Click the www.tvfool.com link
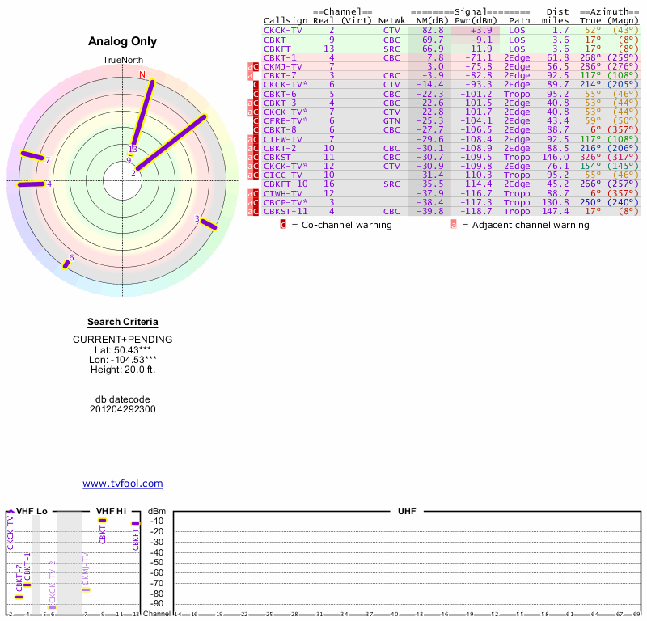[x=123, y=484]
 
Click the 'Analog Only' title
[x=123, y=42]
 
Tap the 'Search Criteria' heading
[x=123, y=323]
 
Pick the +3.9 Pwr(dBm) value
[x=480, y=30]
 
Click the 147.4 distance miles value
[x=557, y=212]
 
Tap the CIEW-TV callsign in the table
[x=281, y=139]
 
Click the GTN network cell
[x=391, y=120]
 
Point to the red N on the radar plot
[x=142, y=75]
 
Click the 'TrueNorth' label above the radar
[x=123, y=61]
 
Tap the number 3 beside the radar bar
[x=197, y=219]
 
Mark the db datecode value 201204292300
[x=123, y=409]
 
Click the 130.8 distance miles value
[x=557, y=202]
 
